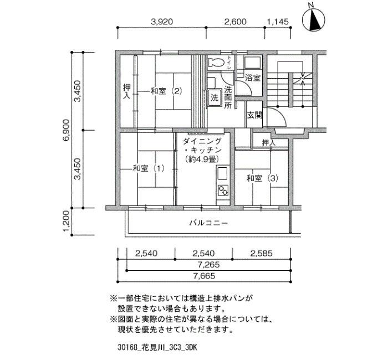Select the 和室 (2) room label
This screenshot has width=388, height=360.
click(166, 91)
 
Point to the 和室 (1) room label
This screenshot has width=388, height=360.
click(149, 168)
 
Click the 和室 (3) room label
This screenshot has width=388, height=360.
click(262, 178)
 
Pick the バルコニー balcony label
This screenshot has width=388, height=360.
click(208, 223)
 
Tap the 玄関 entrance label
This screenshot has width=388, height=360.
click(254, 115)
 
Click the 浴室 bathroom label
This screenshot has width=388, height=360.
click(252, 78)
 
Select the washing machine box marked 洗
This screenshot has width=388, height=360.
click(215, 97)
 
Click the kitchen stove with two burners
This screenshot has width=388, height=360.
click(223, 190)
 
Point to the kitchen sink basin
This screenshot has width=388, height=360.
click(222, 174)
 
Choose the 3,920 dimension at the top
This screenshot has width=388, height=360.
click(162, 22)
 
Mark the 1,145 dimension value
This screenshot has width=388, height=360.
click(278, 22)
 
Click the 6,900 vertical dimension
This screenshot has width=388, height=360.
click(67, 130)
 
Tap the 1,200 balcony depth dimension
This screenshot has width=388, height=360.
click(67, 222)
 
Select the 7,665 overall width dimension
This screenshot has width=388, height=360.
click(204, 276)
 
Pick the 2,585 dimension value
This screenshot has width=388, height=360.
click(261, 254)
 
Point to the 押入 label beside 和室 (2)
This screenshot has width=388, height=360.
click(127, 91)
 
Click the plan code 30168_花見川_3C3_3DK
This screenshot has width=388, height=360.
click(157, 348)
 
